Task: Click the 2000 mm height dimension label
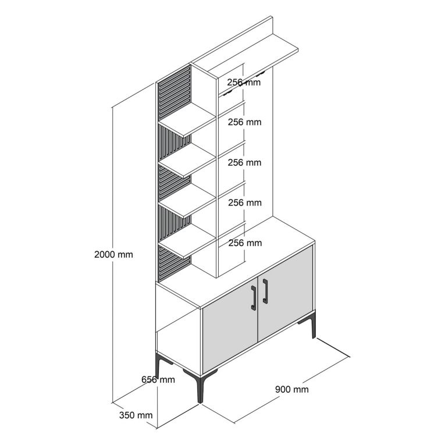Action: pos(113,255)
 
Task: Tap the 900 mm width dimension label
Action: pos(292,389)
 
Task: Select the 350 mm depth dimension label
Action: pos(136,415)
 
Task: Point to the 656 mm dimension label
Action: pos(158,379)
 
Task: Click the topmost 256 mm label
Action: pos(244,82)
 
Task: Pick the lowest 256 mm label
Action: pos(245,243)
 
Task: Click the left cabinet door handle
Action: pos(254,297)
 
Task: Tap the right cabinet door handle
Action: pos(265,291)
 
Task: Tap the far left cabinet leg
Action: pos(159,364)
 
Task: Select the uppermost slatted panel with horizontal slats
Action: pos(175,92)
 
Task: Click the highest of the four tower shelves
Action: pos(187,120)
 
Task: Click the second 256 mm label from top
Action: pos(245,122)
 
